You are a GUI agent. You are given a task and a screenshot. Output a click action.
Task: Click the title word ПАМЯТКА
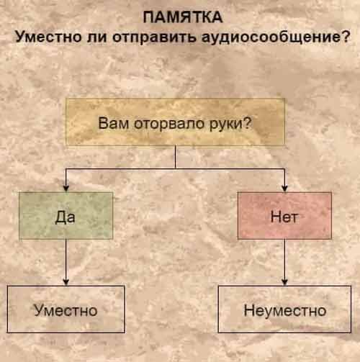coord(183,17)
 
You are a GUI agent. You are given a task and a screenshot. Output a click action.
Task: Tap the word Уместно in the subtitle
coord(48,37)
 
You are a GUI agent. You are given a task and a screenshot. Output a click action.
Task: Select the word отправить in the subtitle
coord(153,38)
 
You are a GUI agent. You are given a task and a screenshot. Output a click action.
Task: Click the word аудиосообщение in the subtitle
coord(270,37)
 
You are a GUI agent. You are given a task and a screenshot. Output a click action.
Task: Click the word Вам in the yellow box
coord(113,123)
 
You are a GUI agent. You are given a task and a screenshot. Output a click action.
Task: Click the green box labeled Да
coord(66,216)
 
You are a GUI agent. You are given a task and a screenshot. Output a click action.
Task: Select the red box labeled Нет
coord(284,216)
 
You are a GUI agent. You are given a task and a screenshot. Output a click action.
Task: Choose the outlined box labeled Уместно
coord(66,309)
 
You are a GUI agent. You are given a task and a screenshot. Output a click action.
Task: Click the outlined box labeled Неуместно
coord(284,309)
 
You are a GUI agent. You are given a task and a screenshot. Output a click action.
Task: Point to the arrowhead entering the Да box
coord(66,188)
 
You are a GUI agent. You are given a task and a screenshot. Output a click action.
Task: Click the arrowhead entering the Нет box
coord(284,188)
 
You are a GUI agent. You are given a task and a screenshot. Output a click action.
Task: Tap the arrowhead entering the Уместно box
coord(66,281)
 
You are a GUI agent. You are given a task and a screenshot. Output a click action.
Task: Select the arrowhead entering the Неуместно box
coord(284,281)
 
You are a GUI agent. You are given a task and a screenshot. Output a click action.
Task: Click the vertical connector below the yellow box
coord(176,157)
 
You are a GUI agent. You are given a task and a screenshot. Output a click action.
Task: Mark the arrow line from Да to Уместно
coord(66,263)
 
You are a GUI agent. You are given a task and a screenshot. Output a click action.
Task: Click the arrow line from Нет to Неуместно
coord(284,263)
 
